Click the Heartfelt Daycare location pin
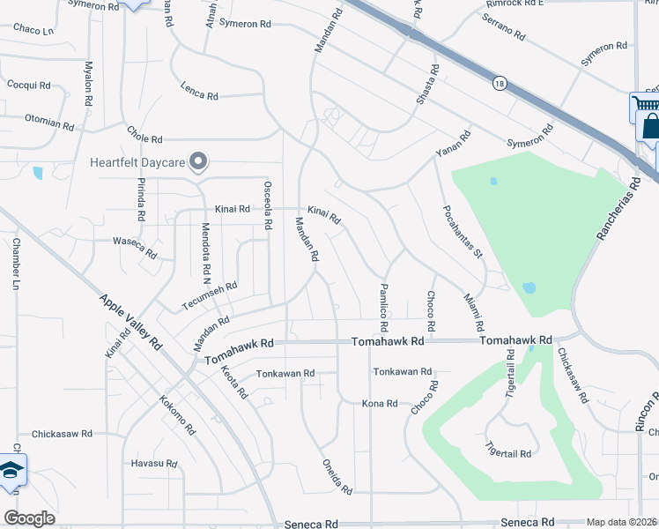tap(199, 161)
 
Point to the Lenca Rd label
tap(199, 91)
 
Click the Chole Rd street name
tap(144, 139)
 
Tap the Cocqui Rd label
tap(28, 86)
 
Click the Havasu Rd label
tap(154, 464)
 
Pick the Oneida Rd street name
tap(337, 477)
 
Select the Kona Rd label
tap(380, 403)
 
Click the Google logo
tap(30, 518)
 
